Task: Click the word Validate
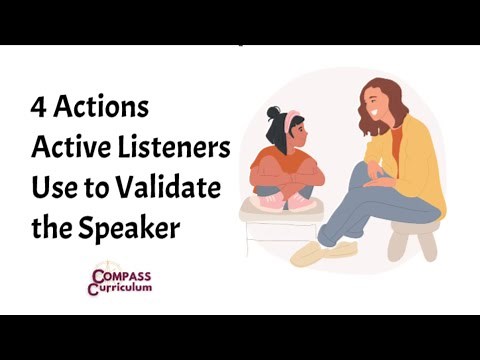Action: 170,188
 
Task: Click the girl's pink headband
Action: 290,121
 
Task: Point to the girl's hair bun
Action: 274,112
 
